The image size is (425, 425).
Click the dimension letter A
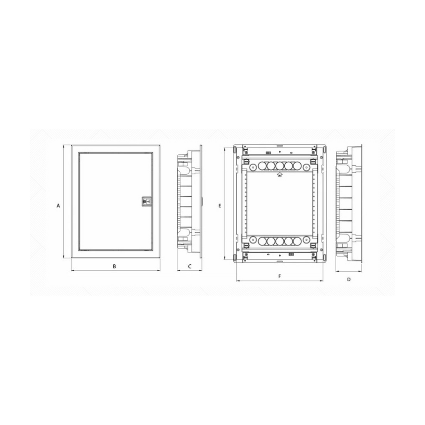58,206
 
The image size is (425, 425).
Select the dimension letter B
115,266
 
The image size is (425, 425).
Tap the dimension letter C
190,266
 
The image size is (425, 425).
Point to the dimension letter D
349,279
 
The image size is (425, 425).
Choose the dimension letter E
220,206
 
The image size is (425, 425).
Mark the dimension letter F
280,276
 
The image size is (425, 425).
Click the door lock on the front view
147,201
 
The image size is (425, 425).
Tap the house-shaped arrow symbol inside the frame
279,174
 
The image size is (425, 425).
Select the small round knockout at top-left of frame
253,167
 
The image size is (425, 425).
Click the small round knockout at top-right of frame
306,167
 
